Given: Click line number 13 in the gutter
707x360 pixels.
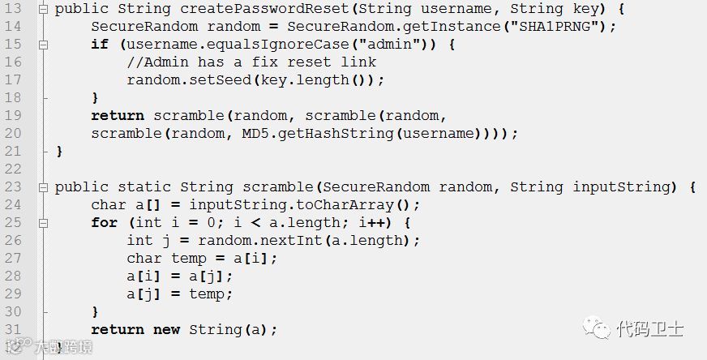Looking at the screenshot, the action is [12, 9].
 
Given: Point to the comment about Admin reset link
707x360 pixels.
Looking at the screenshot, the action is [251, 62].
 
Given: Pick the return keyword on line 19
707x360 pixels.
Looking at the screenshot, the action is [118, 116].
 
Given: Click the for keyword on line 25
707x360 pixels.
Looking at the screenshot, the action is [104, 223].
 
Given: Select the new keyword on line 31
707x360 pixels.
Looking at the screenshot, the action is [167, 330].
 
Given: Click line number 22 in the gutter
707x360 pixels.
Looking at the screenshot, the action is [12, 169].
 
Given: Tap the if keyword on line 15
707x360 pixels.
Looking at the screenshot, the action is [100, 45].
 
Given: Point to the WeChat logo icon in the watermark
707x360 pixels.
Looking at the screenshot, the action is [601, 328].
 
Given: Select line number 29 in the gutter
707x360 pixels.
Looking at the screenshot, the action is [12, 294].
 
